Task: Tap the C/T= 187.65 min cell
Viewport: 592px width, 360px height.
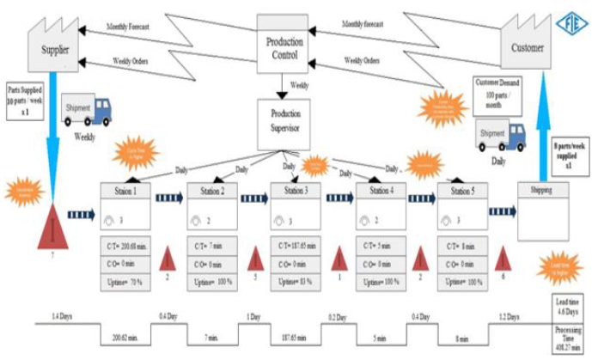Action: [x=296, y=247]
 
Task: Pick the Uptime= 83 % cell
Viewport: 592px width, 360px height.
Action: [x=296, y=281]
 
